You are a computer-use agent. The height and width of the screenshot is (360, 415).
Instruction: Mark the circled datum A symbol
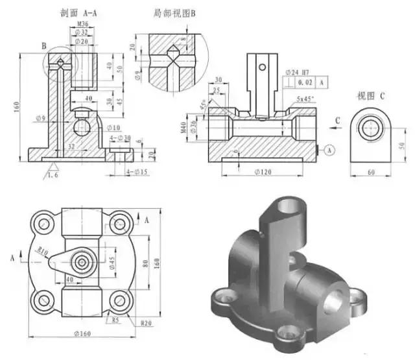tap(329, 150)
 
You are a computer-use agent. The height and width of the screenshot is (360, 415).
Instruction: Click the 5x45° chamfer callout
tap(305, 99)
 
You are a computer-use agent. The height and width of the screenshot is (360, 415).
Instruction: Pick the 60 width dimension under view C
tap(371, 173)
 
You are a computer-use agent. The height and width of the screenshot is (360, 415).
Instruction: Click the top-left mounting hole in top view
tap(44, 223)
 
